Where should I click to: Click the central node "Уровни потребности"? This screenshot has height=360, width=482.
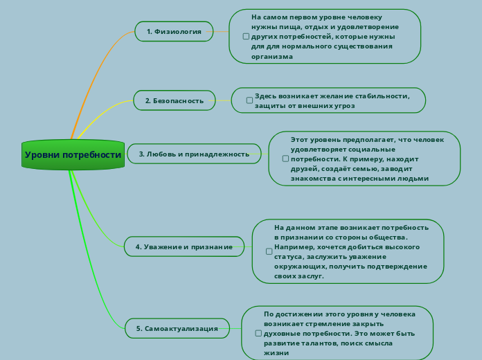click(x=73, y=154)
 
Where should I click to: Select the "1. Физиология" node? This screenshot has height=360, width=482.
click(x=174, y=31)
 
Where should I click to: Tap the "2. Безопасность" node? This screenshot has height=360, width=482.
click(x=175, y=100)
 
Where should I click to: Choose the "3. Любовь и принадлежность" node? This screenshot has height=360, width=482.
click(x=194, y=154)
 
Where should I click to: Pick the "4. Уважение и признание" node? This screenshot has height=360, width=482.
click(x=184, y=246)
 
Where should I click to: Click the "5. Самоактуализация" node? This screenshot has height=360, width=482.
click(x=177, y=328)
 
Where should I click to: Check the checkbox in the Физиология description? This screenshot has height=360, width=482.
click(x=246, y=37)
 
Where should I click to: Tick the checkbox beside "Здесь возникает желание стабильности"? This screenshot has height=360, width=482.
click(x=249, y=100)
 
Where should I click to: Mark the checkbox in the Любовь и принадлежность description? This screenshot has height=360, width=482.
click(x=285, y=159)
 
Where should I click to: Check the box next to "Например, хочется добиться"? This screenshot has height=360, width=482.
click(x=269, y=251)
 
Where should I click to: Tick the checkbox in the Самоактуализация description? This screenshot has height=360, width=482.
click(x=258, y=333)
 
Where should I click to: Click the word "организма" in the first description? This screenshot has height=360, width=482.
click(x=272, y=57)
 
